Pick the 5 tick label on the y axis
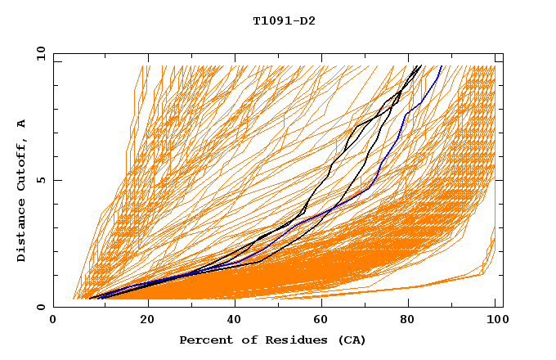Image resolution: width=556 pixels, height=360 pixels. [x=40, y=180]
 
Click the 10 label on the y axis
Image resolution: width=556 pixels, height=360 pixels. [x=38, y=53]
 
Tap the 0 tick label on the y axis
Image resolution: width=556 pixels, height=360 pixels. [x=40, y=307]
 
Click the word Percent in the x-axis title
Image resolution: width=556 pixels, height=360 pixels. [x=204, y=340]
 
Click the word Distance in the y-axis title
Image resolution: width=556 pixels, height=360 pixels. [x=22, y=232]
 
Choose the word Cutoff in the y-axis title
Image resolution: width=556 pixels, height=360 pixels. [x=22, y=164]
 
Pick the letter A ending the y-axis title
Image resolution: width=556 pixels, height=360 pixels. [x=22, y=123]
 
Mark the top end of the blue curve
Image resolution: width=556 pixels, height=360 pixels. [x=442, y=65]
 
